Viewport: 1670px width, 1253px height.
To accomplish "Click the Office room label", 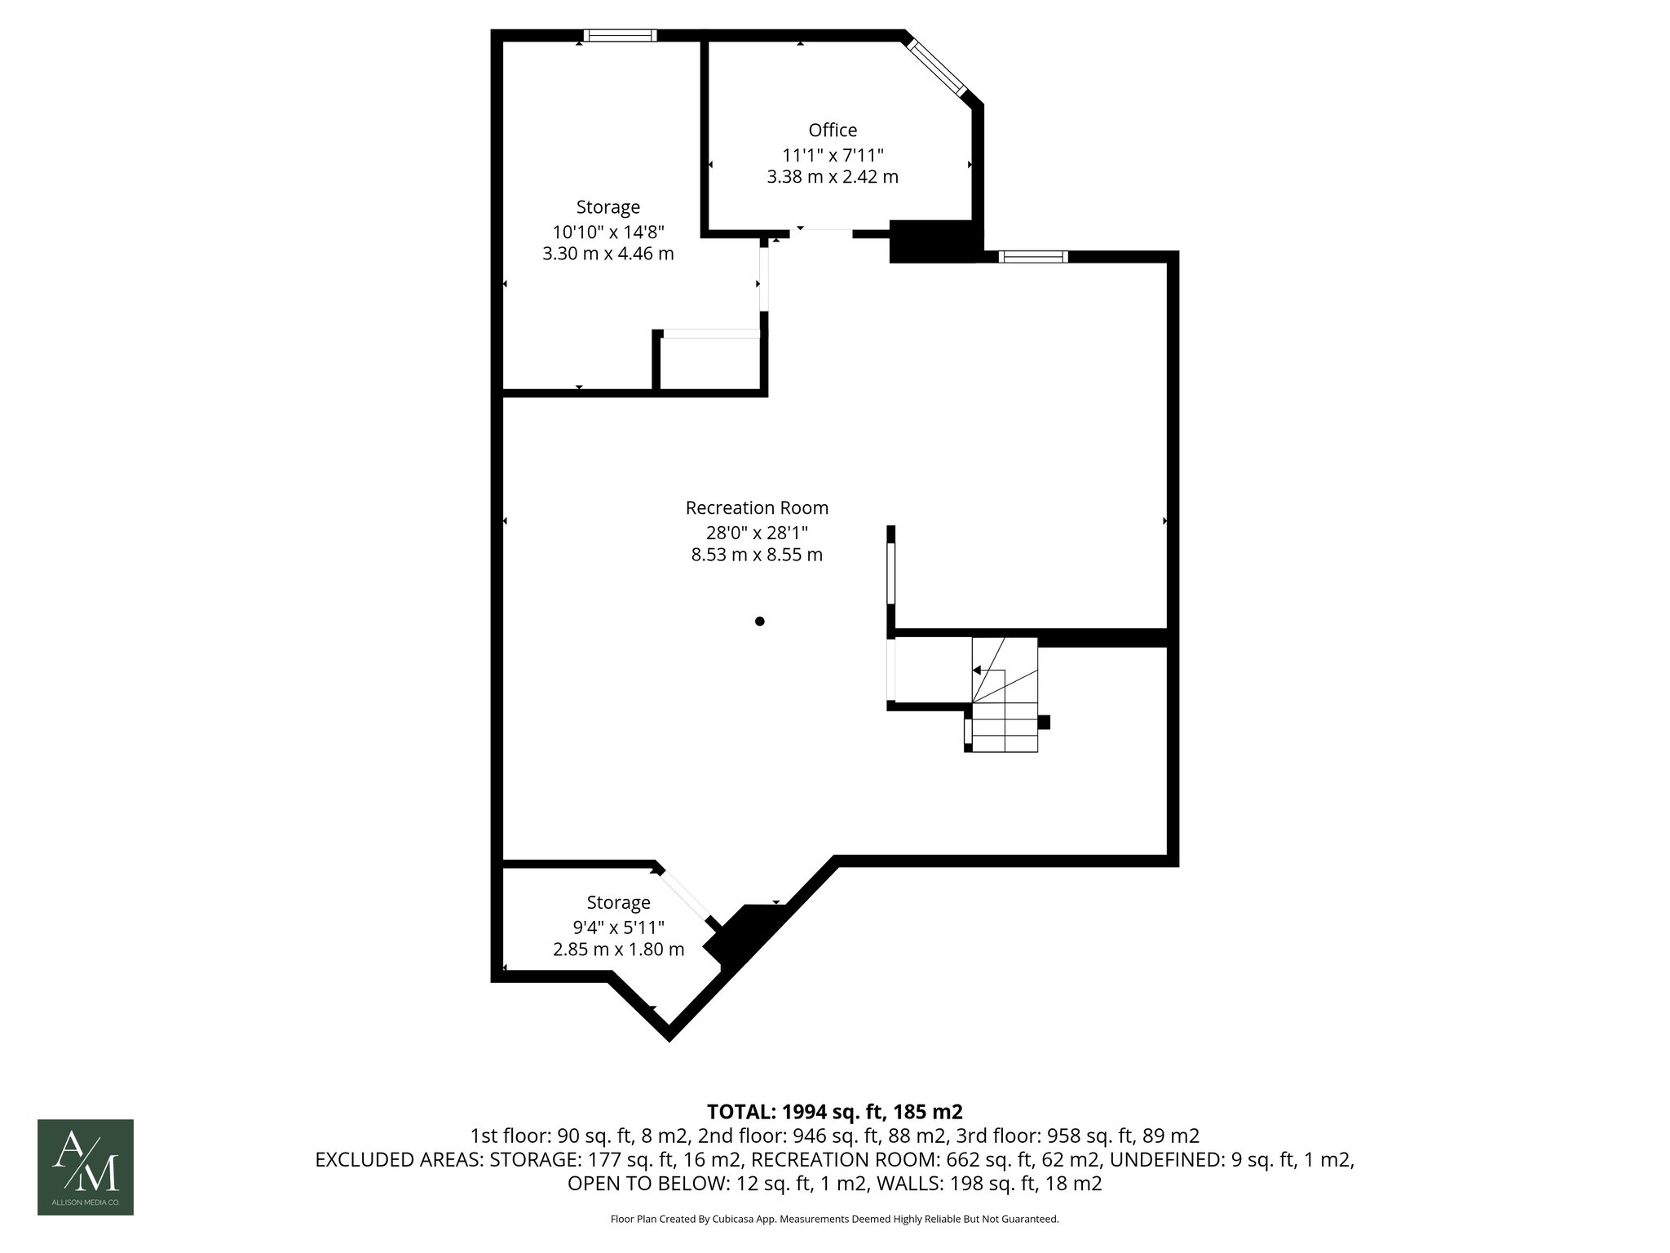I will point(833,131).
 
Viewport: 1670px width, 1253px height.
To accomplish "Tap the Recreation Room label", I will point(757,508).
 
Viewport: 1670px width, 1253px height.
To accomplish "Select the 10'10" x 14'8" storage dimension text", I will point(607,231).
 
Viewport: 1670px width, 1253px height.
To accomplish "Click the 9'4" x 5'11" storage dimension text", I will point(618,928).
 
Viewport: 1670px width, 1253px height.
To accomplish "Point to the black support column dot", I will point(760,622).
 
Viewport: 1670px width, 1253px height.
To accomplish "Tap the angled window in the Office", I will point(938,68).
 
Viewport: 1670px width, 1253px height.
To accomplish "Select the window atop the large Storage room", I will point(621,35).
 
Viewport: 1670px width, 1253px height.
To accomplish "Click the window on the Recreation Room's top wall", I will point(1033,257).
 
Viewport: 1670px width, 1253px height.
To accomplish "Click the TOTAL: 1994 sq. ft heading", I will point(834,1112).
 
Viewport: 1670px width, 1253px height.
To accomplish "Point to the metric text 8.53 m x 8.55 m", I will point(757,556).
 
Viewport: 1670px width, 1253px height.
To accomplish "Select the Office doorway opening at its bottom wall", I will point(822,233).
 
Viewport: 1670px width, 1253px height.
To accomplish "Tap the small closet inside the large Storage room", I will point(709,364).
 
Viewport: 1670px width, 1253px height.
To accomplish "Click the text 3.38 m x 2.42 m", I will point(833,177).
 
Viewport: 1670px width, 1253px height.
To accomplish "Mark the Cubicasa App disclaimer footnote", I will point(834,1220).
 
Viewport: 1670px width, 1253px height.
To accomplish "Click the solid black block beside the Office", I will point(931,241).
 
